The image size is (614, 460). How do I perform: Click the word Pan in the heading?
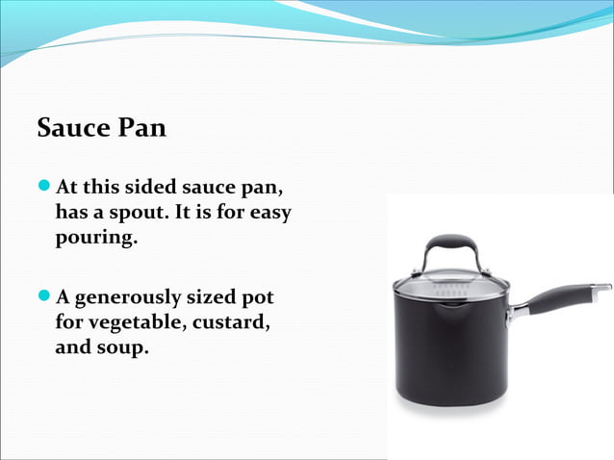tap(142, 128)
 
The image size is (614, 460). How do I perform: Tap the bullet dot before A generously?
tap(45, 296)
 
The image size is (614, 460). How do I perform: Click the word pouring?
tap(96, 237)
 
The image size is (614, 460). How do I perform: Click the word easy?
tap(270, 211)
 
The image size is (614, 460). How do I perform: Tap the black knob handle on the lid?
tap(451, 242)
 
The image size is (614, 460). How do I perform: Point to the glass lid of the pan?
tap(450, 285)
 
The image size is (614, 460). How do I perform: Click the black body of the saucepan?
tap(450, 351)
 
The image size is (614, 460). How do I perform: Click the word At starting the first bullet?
tap(67, 185)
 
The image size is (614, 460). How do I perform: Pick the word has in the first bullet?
tap(72, 211)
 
